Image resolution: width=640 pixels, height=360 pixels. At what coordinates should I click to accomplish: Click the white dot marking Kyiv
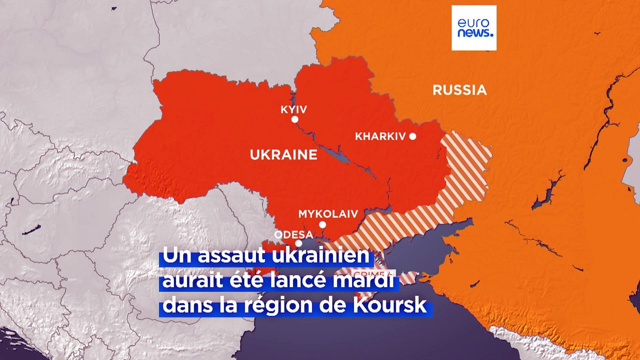[295, 119]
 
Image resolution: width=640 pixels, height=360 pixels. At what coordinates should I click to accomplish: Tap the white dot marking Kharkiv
[412, 136]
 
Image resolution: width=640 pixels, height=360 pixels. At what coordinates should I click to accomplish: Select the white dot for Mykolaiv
[322, 225]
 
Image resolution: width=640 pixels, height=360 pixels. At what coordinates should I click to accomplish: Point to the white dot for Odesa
[298, 243]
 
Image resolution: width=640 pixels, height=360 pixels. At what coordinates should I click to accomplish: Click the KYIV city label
[294, 109]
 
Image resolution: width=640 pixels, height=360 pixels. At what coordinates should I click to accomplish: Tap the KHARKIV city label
[380, 136]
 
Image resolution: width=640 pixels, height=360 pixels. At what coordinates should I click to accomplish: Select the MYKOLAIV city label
[328, 214]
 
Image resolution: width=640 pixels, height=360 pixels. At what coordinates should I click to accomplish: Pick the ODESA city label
[293, 234]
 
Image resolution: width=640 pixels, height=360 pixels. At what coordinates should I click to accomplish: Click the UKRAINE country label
[283, 155]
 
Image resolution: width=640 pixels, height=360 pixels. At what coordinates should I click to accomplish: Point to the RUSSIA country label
[459, 90]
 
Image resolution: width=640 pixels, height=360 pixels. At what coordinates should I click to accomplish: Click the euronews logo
[474, 28]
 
